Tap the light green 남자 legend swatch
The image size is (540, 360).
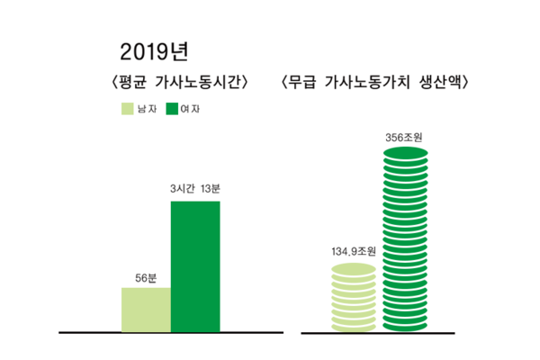click(127, 110)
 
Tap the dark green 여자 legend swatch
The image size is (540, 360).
click(174, 110)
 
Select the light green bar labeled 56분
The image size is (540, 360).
click(146, 310)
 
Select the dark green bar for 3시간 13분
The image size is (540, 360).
click(195, 266)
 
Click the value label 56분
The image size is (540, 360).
click(147, 278)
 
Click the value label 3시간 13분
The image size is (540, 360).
click(195, 190)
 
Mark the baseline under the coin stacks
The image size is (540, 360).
click(378, 332)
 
